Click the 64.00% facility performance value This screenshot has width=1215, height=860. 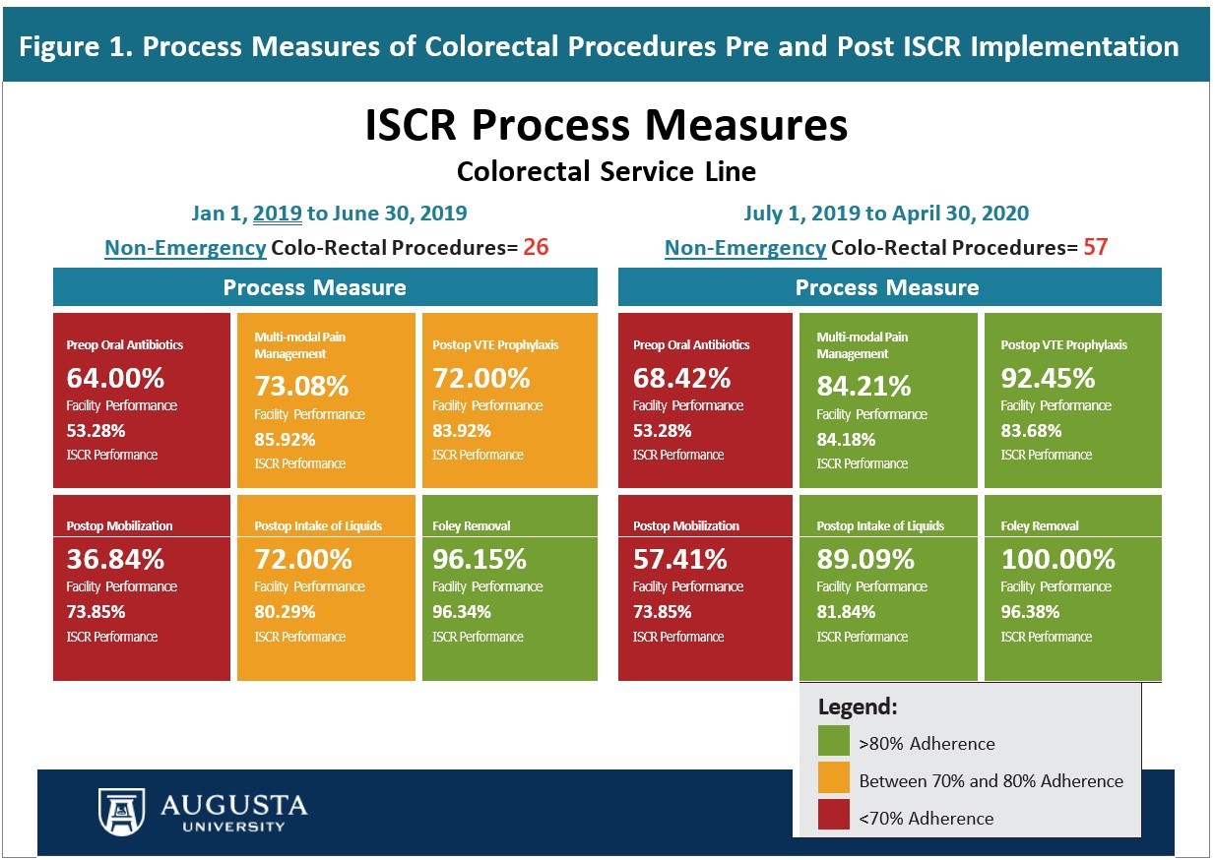[115, 378]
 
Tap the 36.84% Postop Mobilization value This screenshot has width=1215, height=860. [115, 559]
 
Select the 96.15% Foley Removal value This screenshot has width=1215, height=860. [480, 559]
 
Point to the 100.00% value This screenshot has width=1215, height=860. [1057, 559]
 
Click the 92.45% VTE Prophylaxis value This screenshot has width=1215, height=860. [1048, 378]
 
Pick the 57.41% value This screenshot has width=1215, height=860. [680, 559]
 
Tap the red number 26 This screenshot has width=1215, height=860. [536, 246]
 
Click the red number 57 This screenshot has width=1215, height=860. [1095, 246]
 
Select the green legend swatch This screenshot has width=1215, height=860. [833, 743]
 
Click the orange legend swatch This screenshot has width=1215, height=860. [833, 780]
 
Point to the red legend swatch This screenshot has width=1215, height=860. [833, 818]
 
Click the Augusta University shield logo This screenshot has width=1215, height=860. [121, 811]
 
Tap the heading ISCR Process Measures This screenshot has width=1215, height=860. [606, 127]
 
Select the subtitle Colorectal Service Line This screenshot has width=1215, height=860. [606, 172]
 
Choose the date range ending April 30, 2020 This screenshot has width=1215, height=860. [885, 213]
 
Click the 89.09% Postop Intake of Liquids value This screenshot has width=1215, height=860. [865, 559]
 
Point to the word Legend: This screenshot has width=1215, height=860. [858, 706]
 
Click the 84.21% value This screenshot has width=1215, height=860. [863, 386]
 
